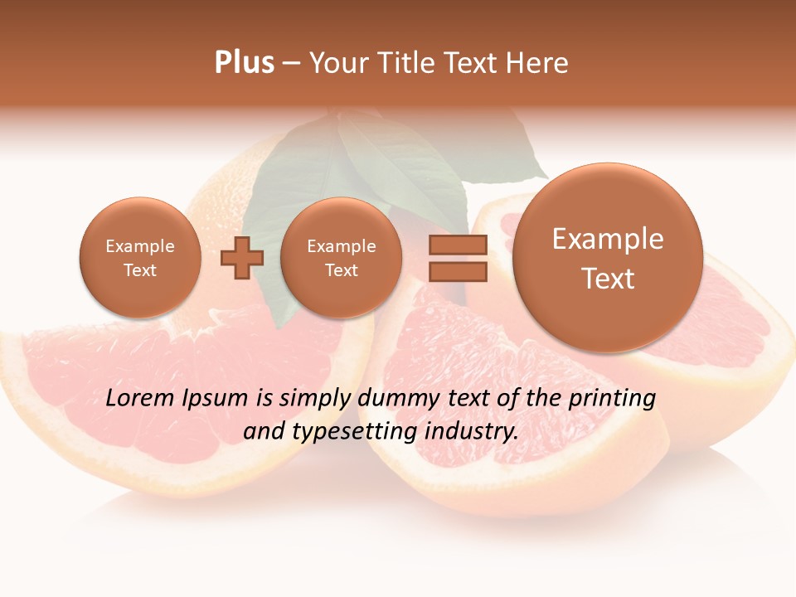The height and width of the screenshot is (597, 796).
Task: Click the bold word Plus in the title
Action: click(244, 63)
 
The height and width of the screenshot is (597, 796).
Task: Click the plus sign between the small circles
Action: click(241, 257)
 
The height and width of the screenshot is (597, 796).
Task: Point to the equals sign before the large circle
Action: click(457, 257)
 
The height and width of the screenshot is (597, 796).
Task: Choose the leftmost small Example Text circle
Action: click(140, 258)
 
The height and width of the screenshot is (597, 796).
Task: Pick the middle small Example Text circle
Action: click(342, 258)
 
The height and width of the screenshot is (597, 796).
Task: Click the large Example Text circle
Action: click(608, 258)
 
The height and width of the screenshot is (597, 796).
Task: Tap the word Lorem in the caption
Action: click(140, 398)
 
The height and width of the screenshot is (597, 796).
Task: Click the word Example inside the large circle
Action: click(608, 239)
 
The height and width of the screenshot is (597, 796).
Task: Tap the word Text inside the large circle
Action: click(608, 279)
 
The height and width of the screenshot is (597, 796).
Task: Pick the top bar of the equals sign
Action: click(457, 245)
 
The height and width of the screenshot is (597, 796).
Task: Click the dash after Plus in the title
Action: click(291, 64)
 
